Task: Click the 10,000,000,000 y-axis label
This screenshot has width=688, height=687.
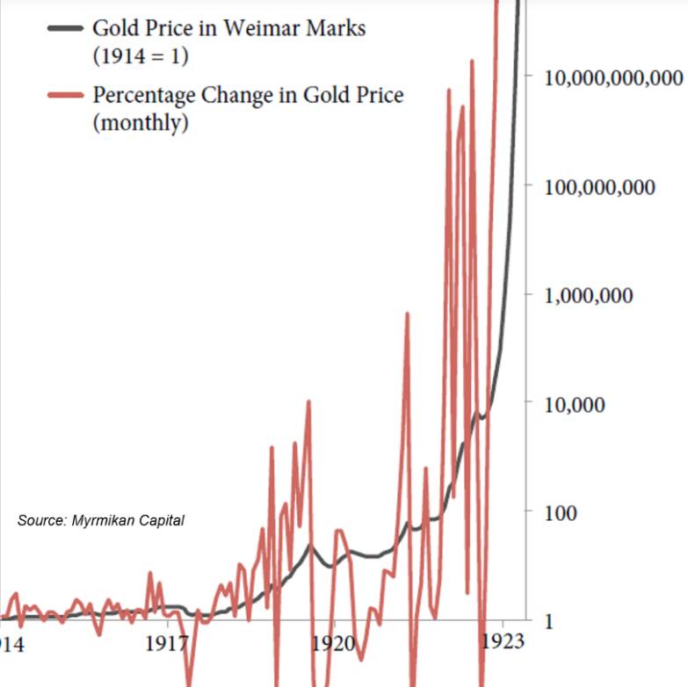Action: pyautogui.click(x=613, y=77)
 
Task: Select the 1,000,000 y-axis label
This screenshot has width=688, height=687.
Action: pyautogui.click(x=588, y=295)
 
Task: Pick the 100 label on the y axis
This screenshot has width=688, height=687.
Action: pyautogui.click(x=561, y=513)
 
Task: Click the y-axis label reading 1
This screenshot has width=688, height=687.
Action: pyautogui.click(x=549, y=622)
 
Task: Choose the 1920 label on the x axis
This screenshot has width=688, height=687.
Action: pyautogui.click(x=333, y=643)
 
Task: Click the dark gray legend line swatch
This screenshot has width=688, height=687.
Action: pyautogui.click(x=66, y=27)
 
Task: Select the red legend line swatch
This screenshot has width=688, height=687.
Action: pyautogui.click(x=66, y=95)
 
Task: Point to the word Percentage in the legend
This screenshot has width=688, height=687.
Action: pyautogui.click(x=146, y=95)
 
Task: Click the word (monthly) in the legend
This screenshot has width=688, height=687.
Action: pyautogui.click(x=141, y=122)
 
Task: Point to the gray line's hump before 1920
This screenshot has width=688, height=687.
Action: pyautogui.click(x=309, y=547)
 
